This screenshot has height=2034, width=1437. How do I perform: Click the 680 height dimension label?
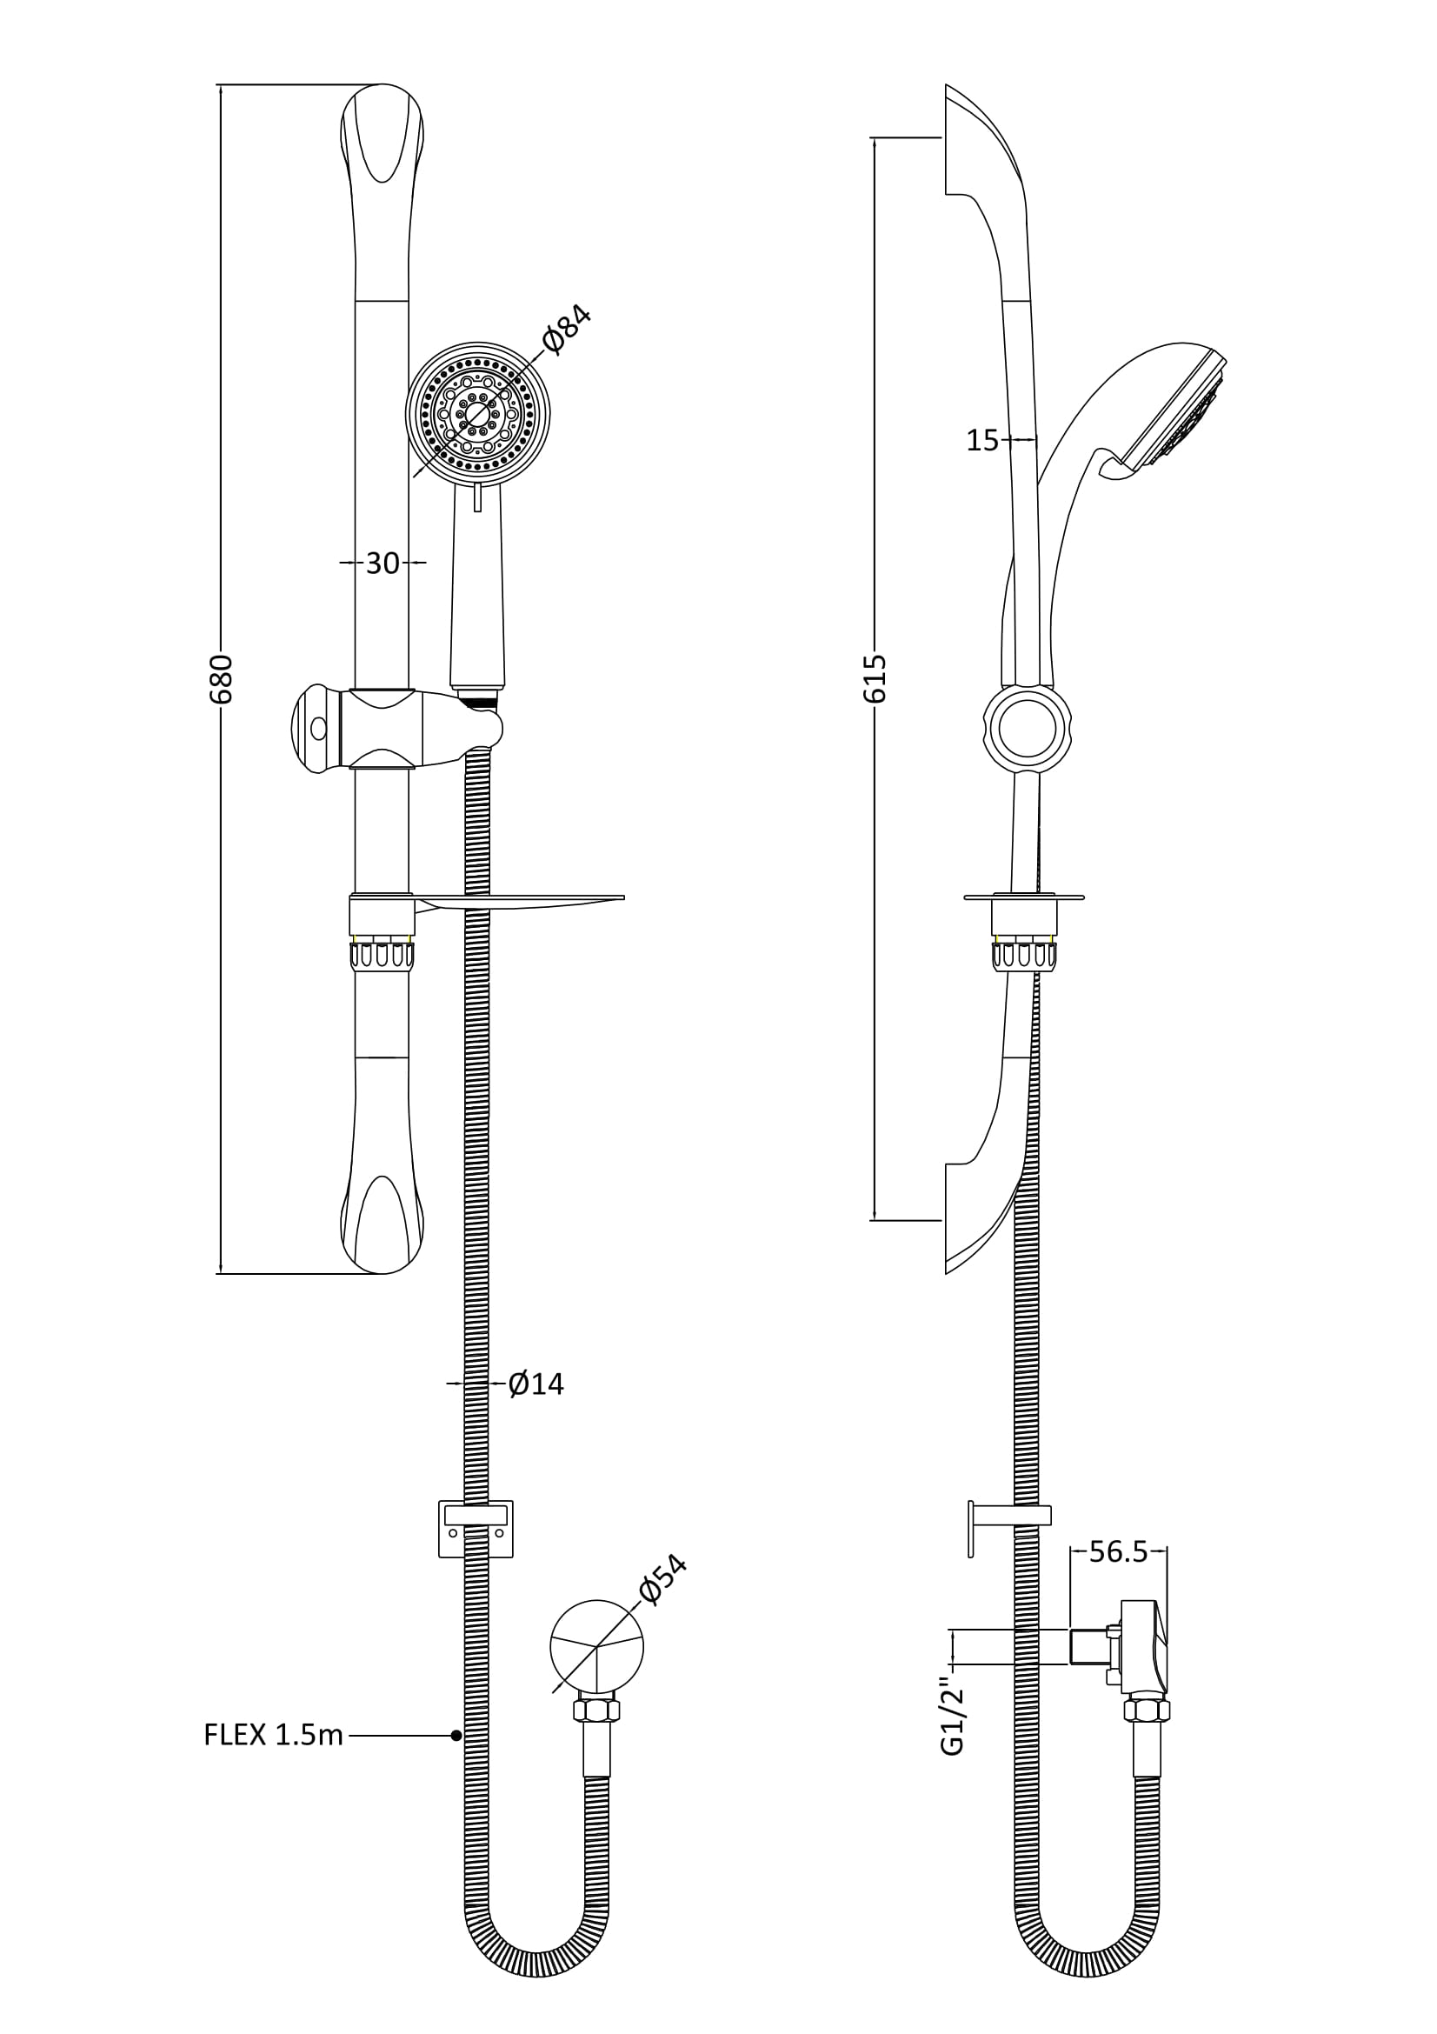tap(222, 679)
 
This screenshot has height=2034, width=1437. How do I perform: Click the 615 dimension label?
tap(875, 678)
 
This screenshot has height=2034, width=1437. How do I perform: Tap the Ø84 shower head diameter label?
tap(566, 330)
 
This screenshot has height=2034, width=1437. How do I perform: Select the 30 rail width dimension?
tap(383, 564)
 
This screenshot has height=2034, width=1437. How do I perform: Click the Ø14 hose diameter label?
tap(536, 1384)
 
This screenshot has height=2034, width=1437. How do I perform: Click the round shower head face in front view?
tap(478, 414)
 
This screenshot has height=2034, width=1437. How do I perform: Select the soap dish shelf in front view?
tap(519, 903)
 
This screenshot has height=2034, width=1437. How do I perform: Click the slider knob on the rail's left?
tap(320, 728)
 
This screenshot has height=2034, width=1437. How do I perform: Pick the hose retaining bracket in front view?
tap(476, 1529)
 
